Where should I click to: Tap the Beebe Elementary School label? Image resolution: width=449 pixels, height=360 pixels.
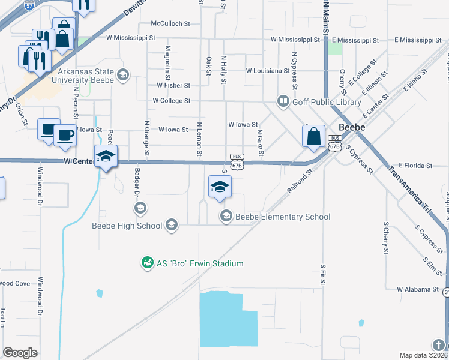(282, 217)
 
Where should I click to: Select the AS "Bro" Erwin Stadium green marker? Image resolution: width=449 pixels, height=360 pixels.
(146, 263)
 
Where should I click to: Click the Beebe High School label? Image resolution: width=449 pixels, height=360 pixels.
(127, 226)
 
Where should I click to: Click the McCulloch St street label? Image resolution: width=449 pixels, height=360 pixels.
(170, 23)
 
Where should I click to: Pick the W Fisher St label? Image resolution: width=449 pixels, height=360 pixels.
(173, 86)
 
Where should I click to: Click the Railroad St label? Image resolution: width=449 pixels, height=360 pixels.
(300, 180)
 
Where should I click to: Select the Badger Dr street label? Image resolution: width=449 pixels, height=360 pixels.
(136, 187)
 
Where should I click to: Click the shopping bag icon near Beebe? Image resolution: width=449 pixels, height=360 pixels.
(314, 137)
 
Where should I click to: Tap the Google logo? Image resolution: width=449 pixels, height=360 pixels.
(20, 353)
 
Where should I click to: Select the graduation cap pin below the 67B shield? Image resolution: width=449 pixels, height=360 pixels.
(220, 187)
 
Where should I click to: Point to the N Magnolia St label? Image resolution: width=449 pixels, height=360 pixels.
(168, 58)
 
